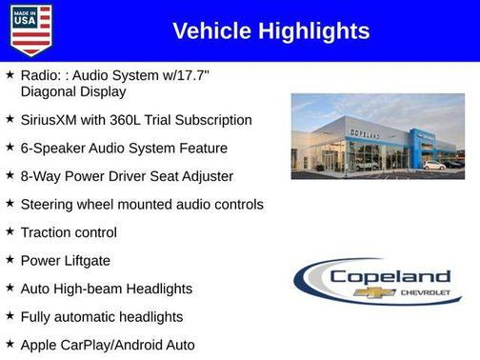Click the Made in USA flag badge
coord(30,30)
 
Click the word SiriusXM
coord(52,120)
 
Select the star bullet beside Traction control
coord(10,231)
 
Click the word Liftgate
coord(88,260)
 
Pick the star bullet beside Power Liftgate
coord(10,259)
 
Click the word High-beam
coord(87,288)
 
